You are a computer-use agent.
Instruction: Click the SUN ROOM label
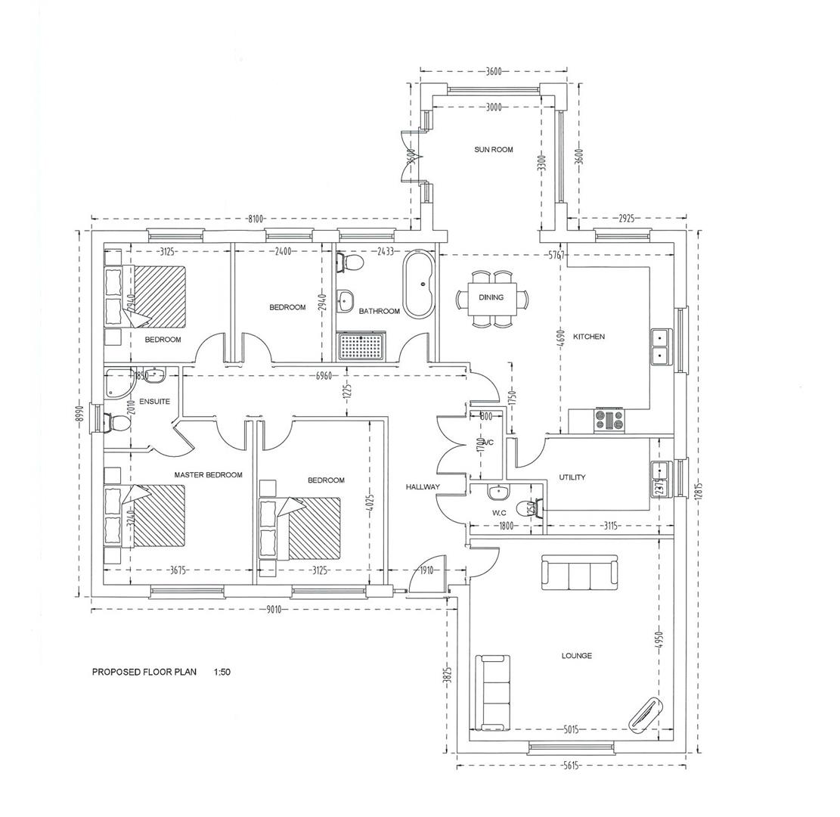pos(493,150)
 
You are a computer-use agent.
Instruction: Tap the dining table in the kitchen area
pos(491,298)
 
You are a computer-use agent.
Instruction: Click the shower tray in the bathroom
pos(362,347)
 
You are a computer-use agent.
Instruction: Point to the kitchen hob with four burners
pos(609,419)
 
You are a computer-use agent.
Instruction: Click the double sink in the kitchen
pos(660,346)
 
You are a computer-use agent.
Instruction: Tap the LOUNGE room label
pos(576,656)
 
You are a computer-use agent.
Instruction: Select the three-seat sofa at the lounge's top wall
pos(579,573)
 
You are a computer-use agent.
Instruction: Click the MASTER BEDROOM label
pos(208,475)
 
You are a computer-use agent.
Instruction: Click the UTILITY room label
pos(572,477)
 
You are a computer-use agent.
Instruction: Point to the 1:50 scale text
pos(222,672)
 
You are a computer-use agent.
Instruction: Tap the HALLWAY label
pos(422,487)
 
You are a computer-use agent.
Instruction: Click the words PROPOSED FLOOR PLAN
pos(144,672)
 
